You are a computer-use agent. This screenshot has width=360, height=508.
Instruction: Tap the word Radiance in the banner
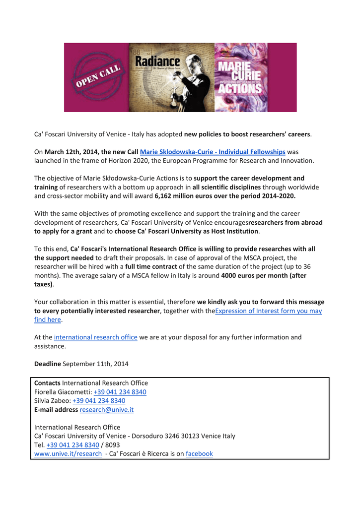point(157,62)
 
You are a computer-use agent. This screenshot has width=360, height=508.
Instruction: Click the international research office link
point(95,337)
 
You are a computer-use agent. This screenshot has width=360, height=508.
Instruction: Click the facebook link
point(199,453)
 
